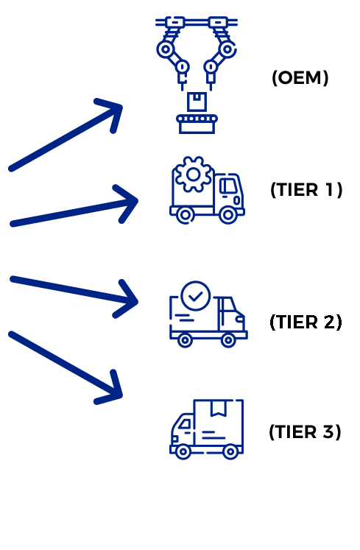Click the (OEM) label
[x=300, y=77]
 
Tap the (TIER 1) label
[x=306, y=190]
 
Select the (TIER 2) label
[x=306, y=322]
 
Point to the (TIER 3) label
[x=305, y=431]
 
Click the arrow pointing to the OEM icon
[x=66, y=135]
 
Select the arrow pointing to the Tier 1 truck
[x=74, y=205]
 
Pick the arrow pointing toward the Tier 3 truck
[x=66, y=367]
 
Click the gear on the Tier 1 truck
[x=194, y=174]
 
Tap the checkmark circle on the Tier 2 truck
[x=196, y=296]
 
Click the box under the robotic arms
[x=197, y=102]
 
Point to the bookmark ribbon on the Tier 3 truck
[x=218, y=408]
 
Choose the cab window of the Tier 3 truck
[x=185, y=424]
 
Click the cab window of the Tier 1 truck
[x=228, y=186]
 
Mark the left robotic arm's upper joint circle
[x=165, y=49]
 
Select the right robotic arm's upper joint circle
[x=227, y=49]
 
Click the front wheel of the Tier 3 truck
[x=183, y=451]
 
